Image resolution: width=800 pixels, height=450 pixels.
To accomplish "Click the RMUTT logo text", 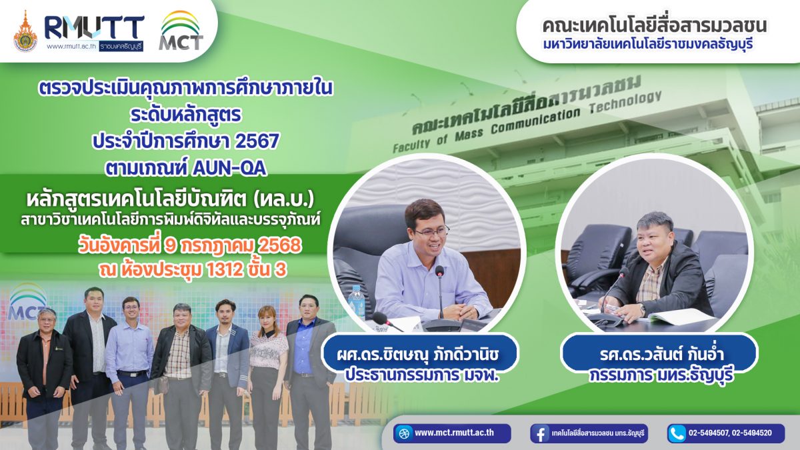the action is (95, 28).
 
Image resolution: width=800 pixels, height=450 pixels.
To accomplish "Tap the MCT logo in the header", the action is (181, 31).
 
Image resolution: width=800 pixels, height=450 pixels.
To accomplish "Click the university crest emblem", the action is (25, 31).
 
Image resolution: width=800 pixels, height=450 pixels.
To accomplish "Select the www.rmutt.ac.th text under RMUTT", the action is (72, 47).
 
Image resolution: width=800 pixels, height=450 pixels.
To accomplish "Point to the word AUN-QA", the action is (229, 169).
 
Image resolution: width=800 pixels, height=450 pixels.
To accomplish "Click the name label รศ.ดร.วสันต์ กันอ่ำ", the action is (659, 355).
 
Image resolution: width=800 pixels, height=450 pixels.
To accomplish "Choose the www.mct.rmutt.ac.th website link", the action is (454, 433).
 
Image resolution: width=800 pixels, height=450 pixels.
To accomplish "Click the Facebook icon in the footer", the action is (540, 433).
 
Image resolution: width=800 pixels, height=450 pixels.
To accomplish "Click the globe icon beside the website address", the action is (404, 433).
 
